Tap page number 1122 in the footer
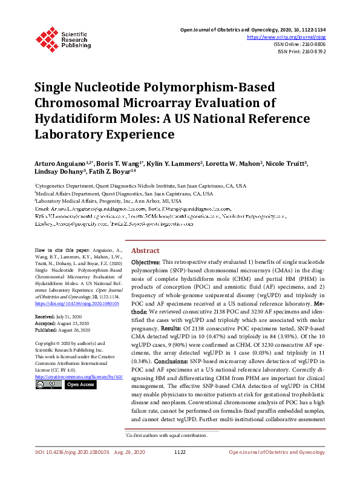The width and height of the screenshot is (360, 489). pos(180,469)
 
